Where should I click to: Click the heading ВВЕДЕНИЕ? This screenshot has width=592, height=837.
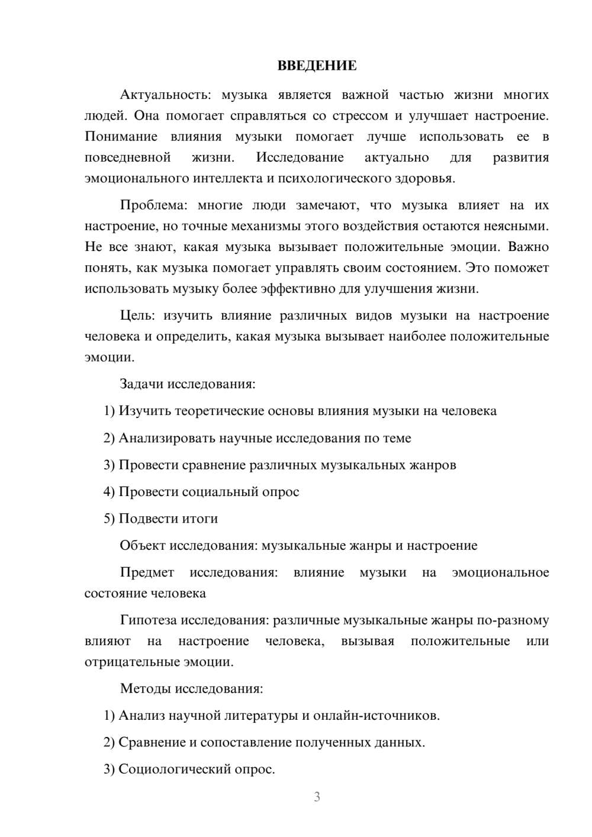tap(317, 66)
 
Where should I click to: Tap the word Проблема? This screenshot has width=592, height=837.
tap(153, 205)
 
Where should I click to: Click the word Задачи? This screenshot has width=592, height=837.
tap(141, 384)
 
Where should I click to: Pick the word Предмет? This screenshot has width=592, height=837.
tap(147, 572)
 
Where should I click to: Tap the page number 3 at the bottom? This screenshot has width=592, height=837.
tap(317, 797)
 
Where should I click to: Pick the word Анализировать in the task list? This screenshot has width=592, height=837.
tap(167, 438)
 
